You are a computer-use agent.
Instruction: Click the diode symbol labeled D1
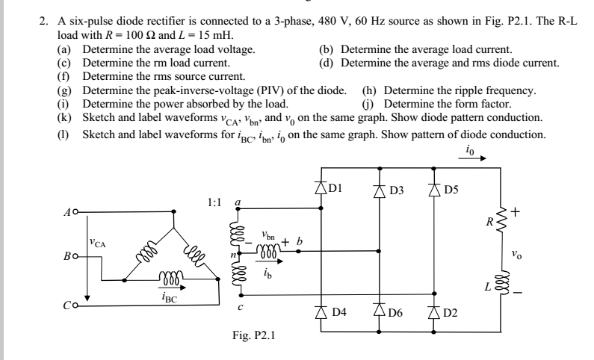321,190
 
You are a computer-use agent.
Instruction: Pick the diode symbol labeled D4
321,309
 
